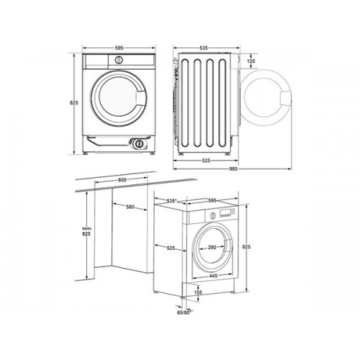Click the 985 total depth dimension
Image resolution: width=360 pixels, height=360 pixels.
[x=233, y=169]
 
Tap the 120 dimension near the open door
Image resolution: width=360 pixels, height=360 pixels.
[x=251, y=61]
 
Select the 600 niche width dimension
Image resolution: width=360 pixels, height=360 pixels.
[x=122, y=180]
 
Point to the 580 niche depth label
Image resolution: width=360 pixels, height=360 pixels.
[x=130, y=207]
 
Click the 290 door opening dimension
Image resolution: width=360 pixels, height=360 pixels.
[x=212, y=247]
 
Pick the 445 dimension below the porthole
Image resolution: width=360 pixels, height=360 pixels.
[x=213, y=276]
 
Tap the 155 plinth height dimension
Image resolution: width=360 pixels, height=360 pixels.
[x=198, y=292]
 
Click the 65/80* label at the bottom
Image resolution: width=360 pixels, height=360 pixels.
[x=184, y=312]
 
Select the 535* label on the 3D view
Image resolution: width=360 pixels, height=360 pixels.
[x=171, y=201]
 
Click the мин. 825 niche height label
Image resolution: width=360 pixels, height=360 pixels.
[x=86, y=231]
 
